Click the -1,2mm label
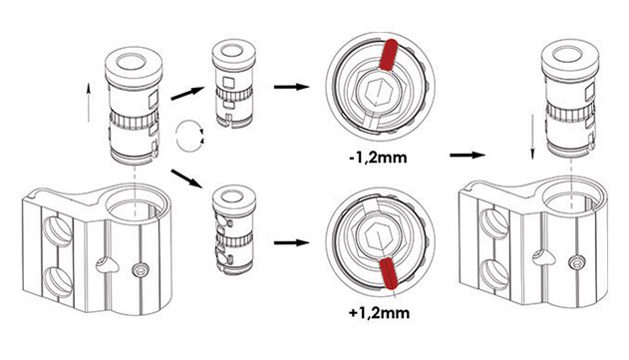point(378,158)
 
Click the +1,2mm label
point(379,312)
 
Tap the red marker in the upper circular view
point(389,56)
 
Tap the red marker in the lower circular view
point(389,273)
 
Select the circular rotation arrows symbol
point(189,136)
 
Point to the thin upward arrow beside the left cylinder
point(89,103)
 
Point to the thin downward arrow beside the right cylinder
point(532,137)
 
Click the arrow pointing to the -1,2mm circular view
point(291,87)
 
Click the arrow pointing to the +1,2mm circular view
point(291,242)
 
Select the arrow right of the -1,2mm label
point(468,155)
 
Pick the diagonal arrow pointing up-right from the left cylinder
point(187,93)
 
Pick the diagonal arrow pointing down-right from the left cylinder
point(186,179)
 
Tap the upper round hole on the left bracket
point(58,231)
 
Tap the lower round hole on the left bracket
point(58,283)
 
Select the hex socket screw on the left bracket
point(141,270)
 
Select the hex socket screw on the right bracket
point(576,263)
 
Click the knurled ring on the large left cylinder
point(134,120)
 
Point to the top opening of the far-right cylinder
point(567,55)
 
